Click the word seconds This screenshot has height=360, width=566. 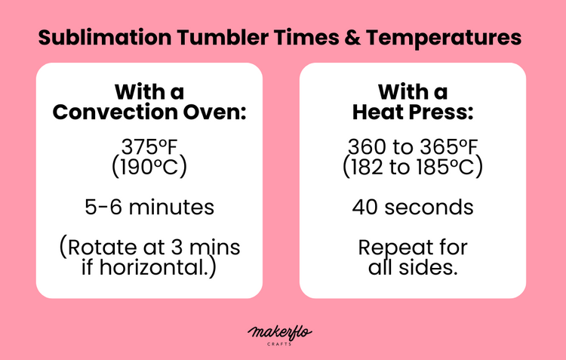click(x=437, y=206)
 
